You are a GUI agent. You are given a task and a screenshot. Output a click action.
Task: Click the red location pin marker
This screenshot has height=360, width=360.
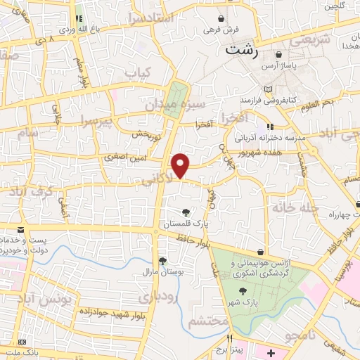181,165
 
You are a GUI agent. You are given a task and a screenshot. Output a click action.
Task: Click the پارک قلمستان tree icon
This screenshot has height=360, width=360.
186,212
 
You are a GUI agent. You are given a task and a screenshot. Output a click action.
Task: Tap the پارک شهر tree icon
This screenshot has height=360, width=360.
243,291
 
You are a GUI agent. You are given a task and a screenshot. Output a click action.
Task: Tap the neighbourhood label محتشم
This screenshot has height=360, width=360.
208,321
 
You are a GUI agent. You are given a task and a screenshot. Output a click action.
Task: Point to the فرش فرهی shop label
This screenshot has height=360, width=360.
222,30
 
